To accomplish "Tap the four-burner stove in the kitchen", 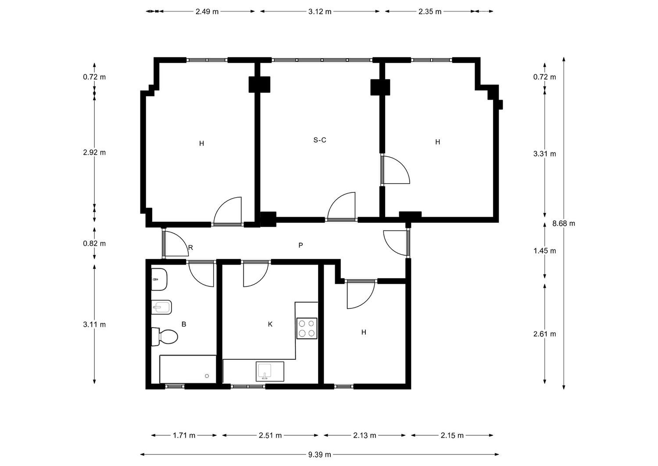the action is (307, 329).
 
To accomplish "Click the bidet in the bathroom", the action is (161, 307).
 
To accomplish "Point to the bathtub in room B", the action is (188, 369).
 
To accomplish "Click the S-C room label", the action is (320, 140).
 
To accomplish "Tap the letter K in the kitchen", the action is (270, 324).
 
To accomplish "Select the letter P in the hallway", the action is (300, 245).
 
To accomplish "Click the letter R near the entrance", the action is (190, 248).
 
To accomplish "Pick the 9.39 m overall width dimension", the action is (320, 455).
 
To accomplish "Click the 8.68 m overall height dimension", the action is (564, 223).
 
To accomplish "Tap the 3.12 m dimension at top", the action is (320, 11).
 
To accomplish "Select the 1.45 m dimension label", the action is (545, 251).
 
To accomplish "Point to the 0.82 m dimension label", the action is (94, 244).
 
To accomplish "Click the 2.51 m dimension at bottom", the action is (270, 435).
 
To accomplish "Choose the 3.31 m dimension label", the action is (545, 154).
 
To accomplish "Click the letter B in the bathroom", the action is (184, 324).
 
